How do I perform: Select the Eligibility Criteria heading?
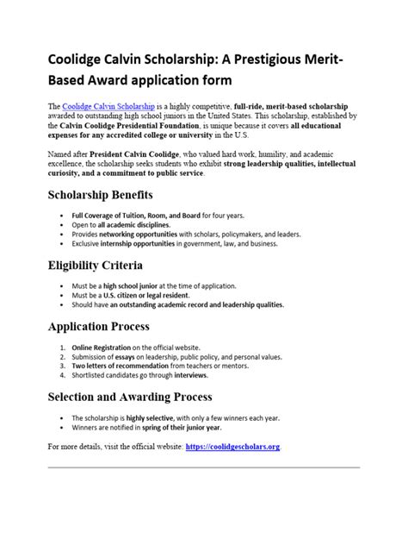coord(96,265)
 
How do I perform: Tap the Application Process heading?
coord(98,327)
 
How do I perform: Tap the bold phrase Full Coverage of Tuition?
coord(112,214)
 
